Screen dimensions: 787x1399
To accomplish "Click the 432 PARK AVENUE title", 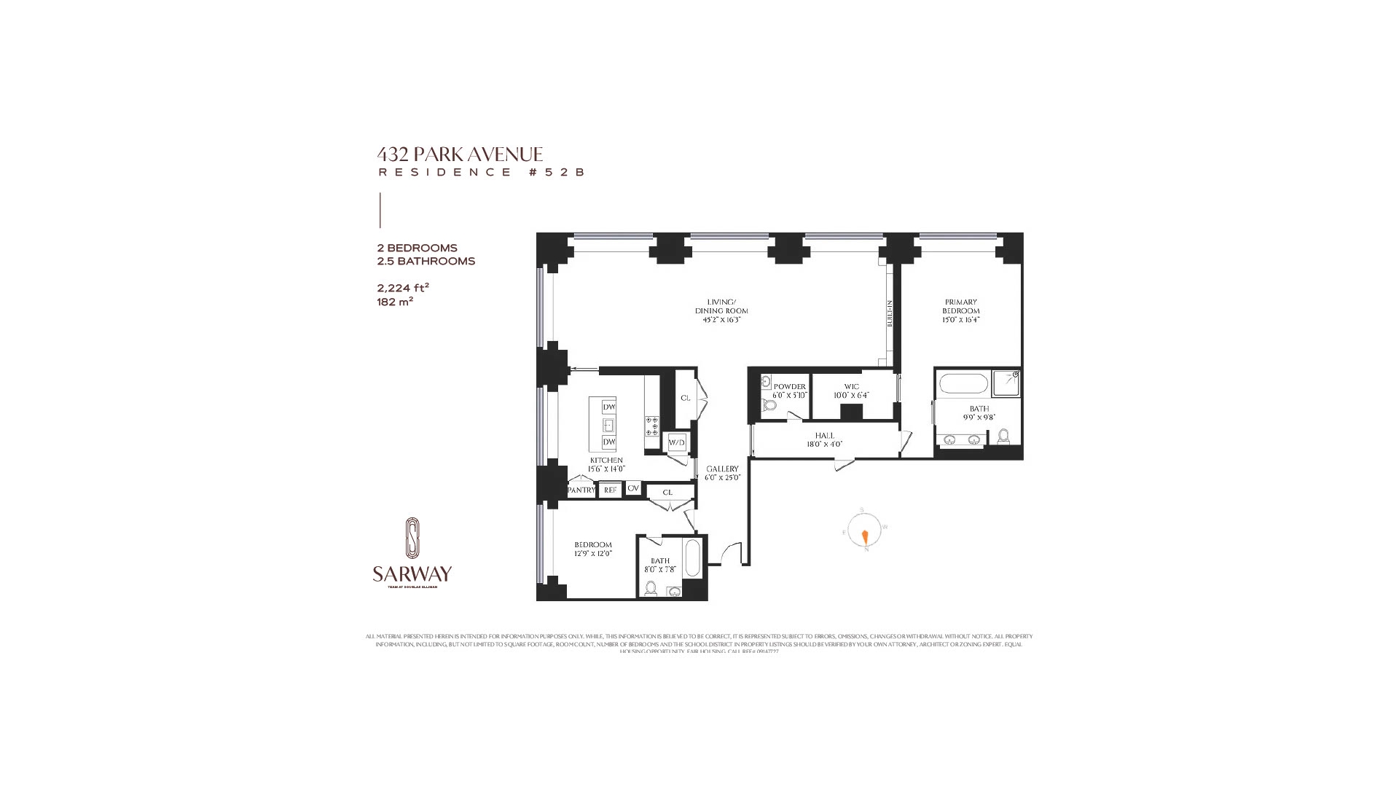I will (x=460, y=154).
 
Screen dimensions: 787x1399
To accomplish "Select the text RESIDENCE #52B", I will (x=481, y=173).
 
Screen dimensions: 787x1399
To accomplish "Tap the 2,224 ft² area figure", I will (x=403, y=288).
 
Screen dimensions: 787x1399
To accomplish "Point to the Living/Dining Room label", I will (x=721, y=307).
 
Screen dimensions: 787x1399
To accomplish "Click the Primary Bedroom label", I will (x=960, y=307).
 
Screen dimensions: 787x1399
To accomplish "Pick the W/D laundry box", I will (x=677, y=442).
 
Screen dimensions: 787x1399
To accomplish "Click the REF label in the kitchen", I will (x=610, y=490).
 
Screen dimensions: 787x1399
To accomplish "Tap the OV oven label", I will (x=633, y=488).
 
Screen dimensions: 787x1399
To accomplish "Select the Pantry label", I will (x=581, y=490).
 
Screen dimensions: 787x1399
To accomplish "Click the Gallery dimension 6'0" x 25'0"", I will (x=722, y=478).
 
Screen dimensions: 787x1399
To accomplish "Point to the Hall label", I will (x=824, y=436).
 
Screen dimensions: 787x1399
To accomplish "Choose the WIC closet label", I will (x=851, y=387).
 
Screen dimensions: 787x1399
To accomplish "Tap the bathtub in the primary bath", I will (x=963, y=383).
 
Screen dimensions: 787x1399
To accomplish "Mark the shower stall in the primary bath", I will (x=1006, y=383).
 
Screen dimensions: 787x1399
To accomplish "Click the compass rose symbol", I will (x=865, y=530).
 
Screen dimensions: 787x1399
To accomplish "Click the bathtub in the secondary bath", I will (x=693, y=557).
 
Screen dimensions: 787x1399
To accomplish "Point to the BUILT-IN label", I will (x=890, y=313).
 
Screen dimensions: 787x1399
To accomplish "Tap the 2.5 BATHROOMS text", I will (x=426, y=261).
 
